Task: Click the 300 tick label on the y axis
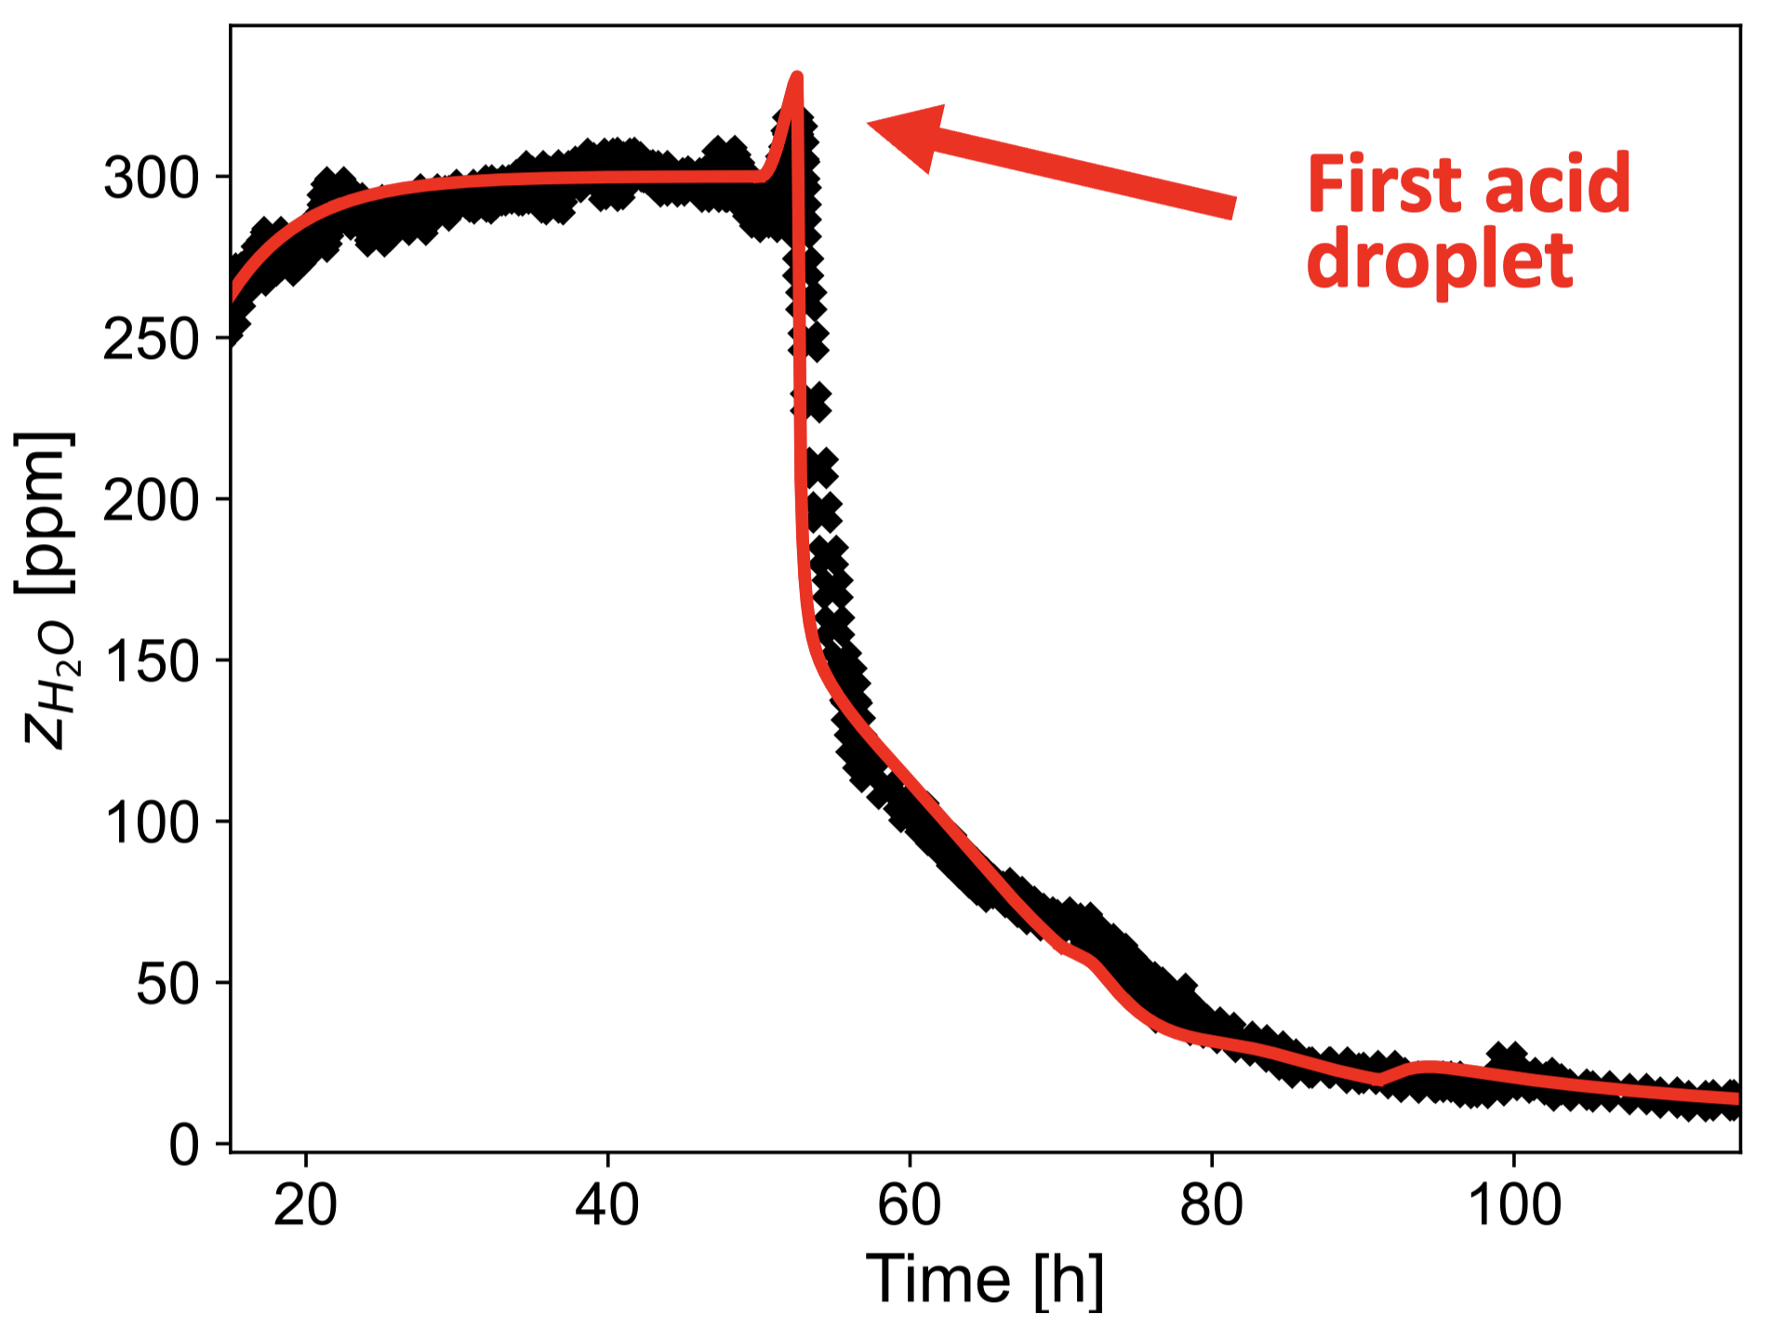pyautogui.click(x=151, y=178)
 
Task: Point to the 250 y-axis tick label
pyautogui.click(x=151, y=339)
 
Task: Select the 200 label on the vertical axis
pyautogui.click(x=151, y=500)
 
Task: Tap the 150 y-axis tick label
pyautogui.click(x=151, y=661)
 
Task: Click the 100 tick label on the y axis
pyautogui.click(x=151, y=822)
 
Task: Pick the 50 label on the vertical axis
pyautogui.click(x=167, y=983)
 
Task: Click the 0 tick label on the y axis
pyautogui.click(x=184, y=1145)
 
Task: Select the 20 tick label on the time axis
pyautogui.click(x=305, y=1205)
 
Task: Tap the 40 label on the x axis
pyautogui.click(x=607, y=1205)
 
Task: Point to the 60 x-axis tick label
pyautogui.click(x=909, y=1205)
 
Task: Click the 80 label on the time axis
pyautogui.click(x=1211, y=1205)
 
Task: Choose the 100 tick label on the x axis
pyautogui.click(x=1513, y=1205)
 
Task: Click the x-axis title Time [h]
pyautogui.click(x=985, y=1280)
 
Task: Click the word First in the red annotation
pyautogui.click(x=1383, y=185)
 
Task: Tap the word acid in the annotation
pyautogui.click(x=1557, y=185)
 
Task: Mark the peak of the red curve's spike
pyautogui.click(x=797, y=75)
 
